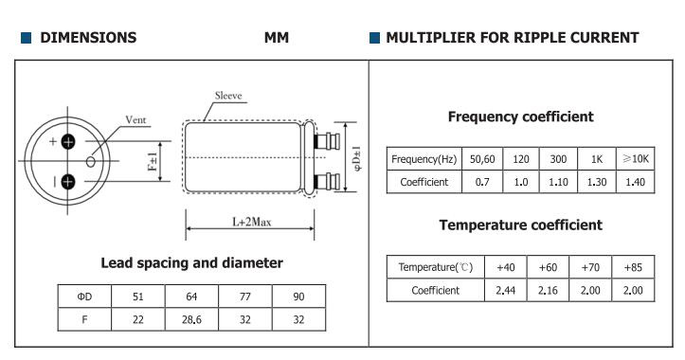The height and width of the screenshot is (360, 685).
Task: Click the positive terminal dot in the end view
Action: (67, 141)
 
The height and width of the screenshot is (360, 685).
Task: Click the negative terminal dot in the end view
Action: (67, 181)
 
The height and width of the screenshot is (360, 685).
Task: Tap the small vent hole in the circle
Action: (90, 162)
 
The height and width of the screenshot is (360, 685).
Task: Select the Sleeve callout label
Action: (228, 96)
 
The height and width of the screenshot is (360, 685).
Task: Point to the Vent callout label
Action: (135, 119)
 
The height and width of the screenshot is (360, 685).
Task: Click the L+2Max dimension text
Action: (252, 222)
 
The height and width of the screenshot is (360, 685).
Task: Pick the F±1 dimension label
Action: (153, 161)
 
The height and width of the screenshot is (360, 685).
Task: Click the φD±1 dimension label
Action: (357, 158)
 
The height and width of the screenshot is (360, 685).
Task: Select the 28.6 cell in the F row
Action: (191, 319)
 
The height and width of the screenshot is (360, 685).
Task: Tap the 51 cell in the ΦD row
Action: (138, 297)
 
